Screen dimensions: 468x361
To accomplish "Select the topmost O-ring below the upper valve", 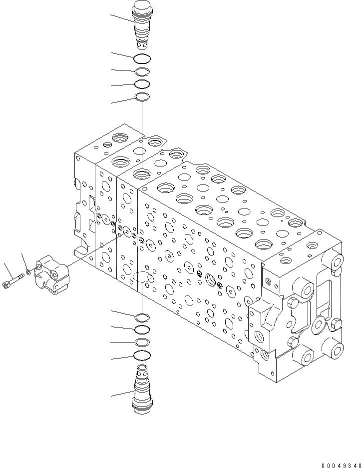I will (x=142, y=58).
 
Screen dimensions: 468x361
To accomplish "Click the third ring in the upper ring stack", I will (x=142, y=83).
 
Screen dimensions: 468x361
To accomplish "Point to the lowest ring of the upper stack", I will (x=142, y=96).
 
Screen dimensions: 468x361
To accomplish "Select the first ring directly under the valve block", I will (x=142, y=316).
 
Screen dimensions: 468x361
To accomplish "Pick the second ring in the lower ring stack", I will (x=142, y=329).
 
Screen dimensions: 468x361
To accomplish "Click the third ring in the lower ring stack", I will (x=142, y=342).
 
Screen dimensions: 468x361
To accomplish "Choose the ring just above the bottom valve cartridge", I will (x=142, y=355).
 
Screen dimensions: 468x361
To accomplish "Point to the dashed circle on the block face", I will (x=142, y=278).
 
